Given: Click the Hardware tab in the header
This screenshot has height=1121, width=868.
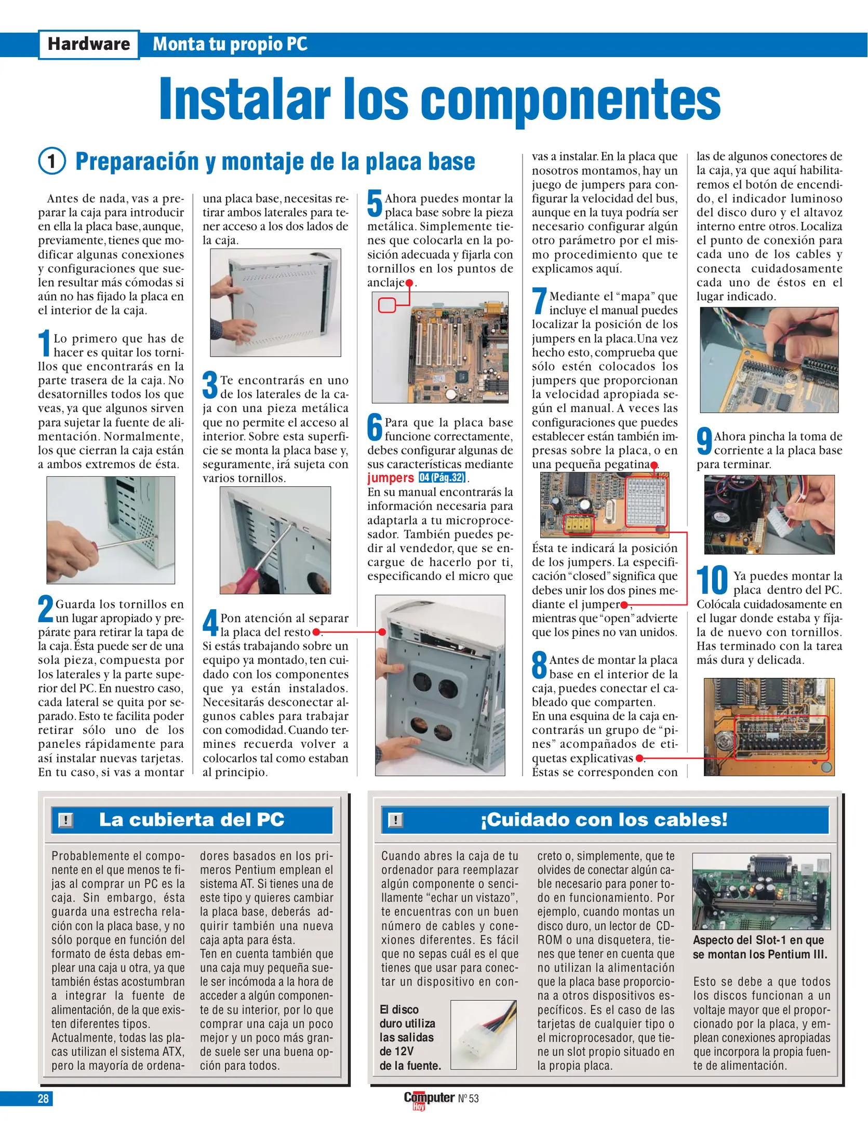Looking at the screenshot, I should tap(89, 45).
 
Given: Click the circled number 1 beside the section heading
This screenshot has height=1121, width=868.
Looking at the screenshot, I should tap(52, 161).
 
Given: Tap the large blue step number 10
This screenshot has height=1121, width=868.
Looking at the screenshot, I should tap(712, 581).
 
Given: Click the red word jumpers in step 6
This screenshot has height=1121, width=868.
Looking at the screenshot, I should tap(390, 479).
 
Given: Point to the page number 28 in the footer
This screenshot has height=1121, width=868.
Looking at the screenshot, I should tap(43, 1099).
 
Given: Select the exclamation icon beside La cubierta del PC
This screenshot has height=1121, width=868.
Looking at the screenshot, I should tap(65, 821).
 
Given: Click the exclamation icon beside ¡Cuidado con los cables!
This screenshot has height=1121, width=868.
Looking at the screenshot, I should tap(395, 821).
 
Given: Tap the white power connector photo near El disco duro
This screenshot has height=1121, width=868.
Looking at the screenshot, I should tap(483, 1034).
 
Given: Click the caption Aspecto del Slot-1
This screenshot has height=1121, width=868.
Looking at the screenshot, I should tap(759, 947).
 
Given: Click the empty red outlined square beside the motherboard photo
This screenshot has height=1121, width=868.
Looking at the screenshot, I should tap(386, 305).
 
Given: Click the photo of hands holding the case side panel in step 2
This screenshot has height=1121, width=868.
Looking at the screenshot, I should tap(275, 303).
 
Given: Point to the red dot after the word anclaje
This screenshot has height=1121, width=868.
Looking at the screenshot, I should tap(409, 283).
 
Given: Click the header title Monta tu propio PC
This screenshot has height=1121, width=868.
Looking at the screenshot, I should tap(230, 45).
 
